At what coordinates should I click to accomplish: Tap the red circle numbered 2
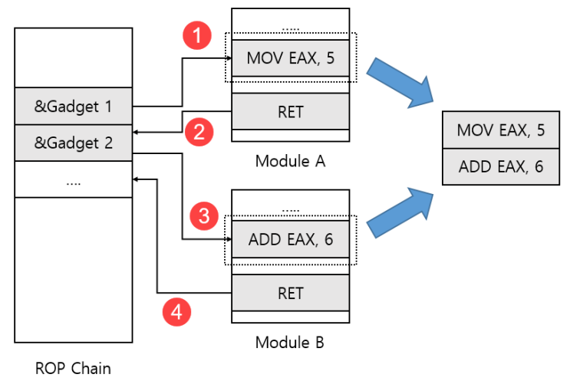click(x=199, y=132)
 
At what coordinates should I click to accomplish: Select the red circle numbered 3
click(x=203, y=216)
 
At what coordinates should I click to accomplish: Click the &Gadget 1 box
click(x=74, y=107)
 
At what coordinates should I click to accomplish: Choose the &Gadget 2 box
click(x=74, y=143)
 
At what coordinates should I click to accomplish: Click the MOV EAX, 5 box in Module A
click(x=290, y=57)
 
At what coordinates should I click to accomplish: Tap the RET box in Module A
click(x=290, y=112)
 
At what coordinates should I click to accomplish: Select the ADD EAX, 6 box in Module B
click(x=290, y=239)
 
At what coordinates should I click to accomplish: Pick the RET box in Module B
click(x=290, y=293)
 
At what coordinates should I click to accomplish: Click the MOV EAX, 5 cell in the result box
click(x=500, y=130)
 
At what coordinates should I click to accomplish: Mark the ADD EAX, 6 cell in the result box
click(x=500, y=166)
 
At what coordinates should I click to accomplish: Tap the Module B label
click(x=290, y=342)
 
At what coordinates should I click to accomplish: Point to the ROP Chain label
click(x=73, y=368)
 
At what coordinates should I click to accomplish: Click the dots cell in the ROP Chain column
click(x=74, y=182)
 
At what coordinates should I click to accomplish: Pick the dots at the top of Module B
click(x=290, y=209)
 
